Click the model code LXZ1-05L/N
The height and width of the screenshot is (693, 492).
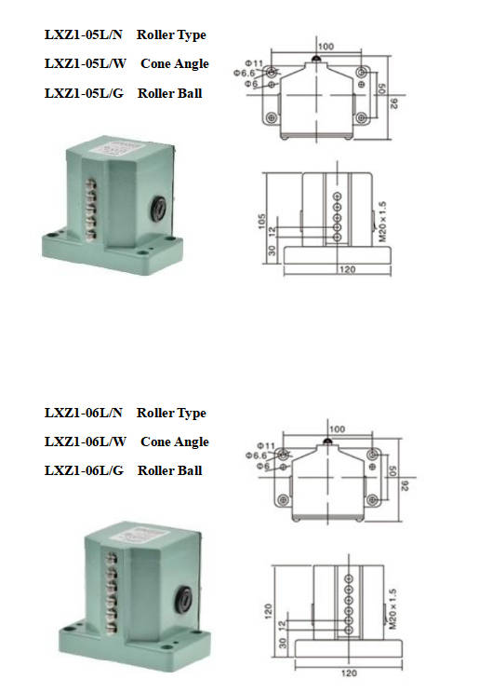[83, 34]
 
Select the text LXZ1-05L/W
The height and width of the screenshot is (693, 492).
[86, 63]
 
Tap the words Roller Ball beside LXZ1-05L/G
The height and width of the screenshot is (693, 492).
[170, 93]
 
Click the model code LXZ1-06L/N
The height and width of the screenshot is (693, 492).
[83, 413]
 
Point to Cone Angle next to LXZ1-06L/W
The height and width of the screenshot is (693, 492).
[175, 442]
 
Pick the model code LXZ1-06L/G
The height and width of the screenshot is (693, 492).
[84, 470]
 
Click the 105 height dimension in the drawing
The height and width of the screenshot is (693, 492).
[262, 222]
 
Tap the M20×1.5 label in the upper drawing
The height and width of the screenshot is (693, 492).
[382, 222]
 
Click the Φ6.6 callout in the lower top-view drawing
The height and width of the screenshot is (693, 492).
[257, 455]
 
